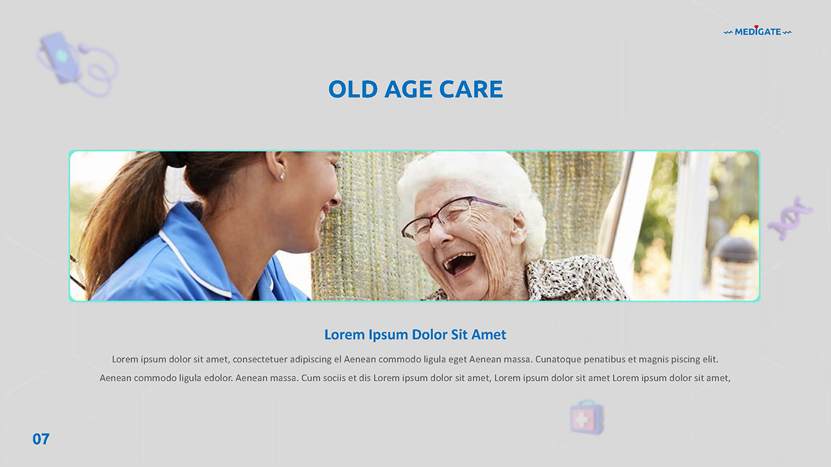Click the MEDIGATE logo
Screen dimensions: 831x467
pyautogui.click(x=758, y=32)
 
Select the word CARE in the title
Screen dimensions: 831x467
pyautogui.click(x=471, y=90)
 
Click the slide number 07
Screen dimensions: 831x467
pyautogui.click(x=41, y=439)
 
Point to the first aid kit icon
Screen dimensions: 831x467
pyautogui.click(x=587, y=417)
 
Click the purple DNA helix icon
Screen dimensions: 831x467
pyautogui.click(x=789, y=218)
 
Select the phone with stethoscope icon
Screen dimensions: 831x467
pyautogui.click(x=77, y=64)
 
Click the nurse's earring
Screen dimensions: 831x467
pyautogui.click(x=282, y=176)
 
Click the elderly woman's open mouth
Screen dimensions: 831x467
pyautogui.click(x=459, y=263)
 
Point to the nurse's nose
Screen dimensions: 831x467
pyautogui.click(x=334, y=198)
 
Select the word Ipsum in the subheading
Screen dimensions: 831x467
pyautogui.click(x=388, y=335)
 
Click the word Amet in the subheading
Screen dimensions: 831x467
pyautogui.click(x=489, y=335)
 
